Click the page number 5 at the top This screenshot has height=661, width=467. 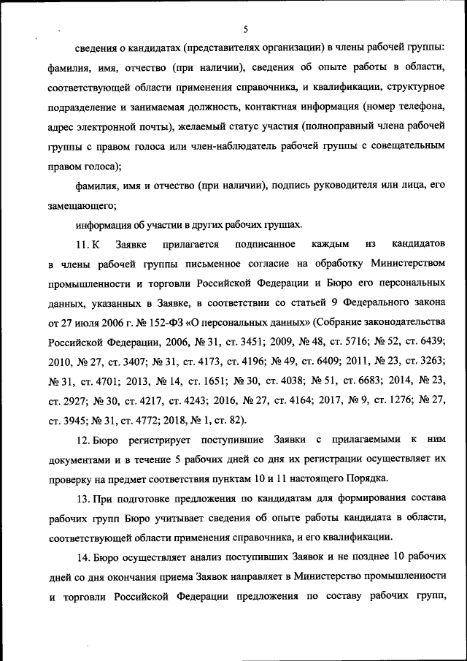pyautogui.click(x=245, y=29)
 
